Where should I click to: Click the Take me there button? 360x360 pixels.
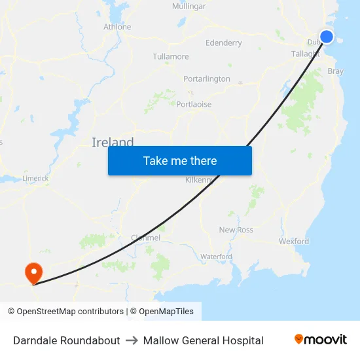click(180, 160)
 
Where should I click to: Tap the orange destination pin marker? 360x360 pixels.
click(32, 272)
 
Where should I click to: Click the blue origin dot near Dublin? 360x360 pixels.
click(326, 37)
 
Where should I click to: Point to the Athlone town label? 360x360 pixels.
click(117, 27)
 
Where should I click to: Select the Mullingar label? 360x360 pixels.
click(189, 6)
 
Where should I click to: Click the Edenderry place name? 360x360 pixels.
click(223, 43)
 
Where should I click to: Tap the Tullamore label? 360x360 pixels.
click(170, 57)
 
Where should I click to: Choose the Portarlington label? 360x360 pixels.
click(206, 79)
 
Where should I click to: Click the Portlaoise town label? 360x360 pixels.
click(194, 103)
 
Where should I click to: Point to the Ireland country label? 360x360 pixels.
click(113, 142)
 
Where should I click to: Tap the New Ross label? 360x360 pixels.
click(236, 230)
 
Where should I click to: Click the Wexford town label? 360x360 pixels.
click(293, 241)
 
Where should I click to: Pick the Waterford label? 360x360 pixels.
click(216, 257)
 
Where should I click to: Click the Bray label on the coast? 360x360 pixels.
click(335, 71)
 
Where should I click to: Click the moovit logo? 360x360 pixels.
click(321, 340)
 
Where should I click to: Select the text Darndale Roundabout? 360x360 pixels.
click(66, 340)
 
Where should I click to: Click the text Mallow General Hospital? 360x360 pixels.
click(203, 340)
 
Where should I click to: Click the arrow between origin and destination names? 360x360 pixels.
click(132, 340)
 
